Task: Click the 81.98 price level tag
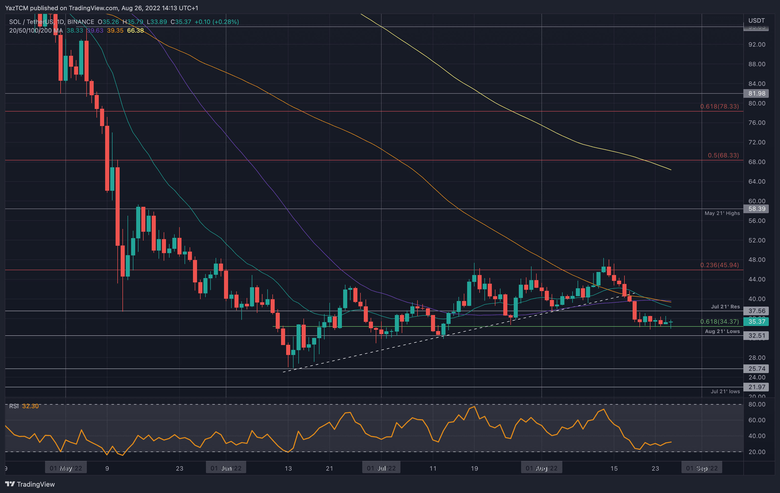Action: click(x=756, y=93)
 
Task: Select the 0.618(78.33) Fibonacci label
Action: click(x=719, y=106)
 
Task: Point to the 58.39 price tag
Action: click(x=756, y=209)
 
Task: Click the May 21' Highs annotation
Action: click(x=722, y=213)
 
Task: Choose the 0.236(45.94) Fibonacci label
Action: click(x=719, y=265)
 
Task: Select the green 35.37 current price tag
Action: click(x=756, y=321)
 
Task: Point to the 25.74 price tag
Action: click(x=756, y=369)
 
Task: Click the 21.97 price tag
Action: click(x=756, y=387)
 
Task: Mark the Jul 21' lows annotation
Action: click(x=725, y=392)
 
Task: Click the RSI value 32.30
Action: click(x=30, y=406)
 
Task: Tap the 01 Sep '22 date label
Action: click(x=702, y=468)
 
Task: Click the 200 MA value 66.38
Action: click(x=135, y=31)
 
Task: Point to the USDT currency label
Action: click(x=756, y=20)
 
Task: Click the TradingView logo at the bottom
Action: click(x=30, y=484)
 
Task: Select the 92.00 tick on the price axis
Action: click(x=756, y=44)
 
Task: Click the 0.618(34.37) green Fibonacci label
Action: click(x=719, y=321)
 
